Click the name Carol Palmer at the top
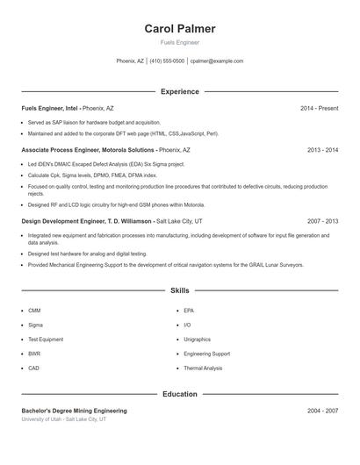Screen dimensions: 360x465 179,29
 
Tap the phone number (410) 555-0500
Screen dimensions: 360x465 167,61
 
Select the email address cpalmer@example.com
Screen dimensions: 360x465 216,61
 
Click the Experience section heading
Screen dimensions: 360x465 179,91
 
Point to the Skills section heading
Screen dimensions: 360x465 179,290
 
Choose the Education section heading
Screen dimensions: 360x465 179,394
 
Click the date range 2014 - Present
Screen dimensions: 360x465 319,108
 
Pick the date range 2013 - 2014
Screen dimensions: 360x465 322,150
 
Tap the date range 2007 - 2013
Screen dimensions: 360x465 322,222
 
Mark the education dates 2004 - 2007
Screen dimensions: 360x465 322,411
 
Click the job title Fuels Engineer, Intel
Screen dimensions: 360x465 49,108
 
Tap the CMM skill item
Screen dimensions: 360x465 34,311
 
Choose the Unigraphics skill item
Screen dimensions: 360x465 197,339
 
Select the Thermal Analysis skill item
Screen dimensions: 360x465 203,368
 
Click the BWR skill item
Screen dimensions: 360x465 34,354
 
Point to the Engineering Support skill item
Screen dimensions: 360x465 206,354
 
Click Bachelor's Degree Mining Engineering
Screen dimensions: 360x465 74,411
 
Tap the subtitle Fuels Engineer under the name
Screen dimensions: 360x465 179,42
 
